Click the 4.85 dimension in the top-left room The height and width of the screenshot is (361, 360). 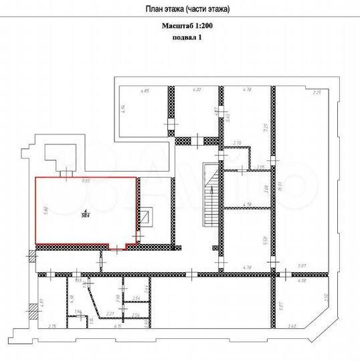click(143, 91)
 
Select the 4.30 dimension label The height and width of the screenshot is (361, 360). click(197, 90)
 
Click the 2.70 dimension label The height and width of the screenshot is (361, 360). click(236, 143)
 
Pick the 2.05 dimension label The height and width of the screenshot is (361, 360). click(261, 166)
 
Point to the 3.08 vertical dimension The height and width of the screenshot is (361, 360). click(266, 189)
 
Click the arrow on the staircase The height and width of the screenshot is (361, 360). click(211, 191)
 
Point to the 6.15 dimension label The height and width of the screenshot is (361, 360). click(117, 326)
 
